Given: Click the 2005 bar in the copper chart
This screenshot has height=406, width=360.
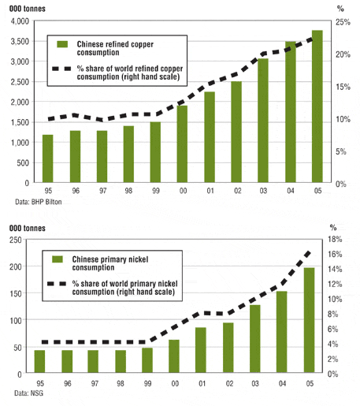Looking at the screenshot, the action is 317,106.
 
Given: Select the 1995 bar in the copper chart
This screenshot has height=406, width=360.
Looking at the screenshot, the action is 48,158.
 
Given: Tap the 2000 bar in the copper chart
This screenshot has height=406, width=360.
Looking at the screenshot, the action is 182,144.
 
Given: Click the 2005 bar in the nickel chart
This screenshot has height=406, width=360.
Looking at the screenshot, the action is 309,320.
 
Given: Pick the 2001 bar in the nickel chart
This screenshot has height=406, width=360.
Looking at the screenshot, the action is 201,350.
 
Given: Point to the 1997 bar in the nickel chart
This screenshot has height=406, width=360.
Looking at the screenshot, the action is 93,361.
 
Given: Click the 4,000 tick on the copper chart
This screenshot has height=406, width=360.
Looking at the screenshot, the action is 20,21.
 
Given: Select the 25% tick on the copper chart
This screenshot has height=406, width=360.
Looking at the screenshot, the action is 343,22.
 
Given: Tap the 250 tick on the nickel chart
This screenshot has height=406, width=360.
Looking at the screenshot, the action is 16,240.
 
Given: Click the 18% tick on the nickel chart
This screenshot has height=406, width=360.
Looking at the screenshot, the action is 335,239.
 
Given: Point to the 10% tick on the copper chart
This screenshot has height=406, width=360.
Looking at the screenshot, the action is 343,119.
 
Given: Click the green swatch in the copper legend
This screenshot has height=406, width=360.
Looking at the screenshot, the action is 62,44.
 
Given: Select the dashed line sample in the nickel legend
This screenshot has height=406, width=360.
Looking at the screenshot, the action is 57,284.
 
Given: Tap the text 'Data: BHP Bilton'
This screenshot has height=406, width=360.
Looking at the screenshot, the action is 39,202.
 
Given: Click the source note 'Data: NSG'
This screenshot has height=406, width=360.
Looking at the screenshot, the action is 28,393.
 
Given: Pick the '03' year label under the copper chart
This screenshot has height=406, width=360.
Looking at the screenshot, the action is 263,191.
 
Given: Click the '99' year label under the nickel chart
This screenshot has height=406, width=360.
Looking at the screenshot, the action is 147,384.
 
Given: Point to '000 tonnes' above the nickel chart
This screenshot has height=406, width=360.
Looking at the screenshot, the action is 28,228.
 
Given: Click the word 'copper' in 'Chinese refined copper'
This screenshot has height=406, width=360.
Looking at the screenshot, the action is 142,44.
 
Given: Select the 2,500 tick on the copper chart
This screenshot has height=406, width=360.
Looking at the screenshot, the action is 20,82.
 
